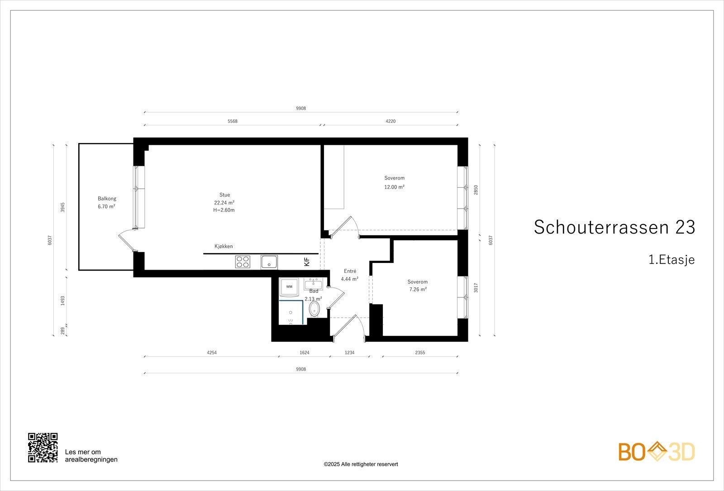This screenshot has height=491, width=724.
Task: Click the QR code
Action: (43, 448)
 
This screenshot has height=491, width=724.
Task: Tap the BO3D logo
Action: (657, 452)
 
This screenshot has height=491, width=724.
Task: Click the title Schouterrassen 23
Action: (614, 227)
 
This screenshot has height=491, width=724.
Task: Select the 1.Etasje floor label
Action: (671, 260)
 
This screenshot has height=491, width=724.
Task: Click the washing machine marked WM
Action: (289, 287)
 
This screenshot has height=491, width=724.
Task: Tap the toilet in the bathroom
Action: (314, 310)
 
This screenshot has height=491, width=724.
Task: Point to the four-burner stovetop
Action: (243, 262)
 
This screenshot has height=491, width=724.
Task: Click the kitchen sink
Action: (269, 262)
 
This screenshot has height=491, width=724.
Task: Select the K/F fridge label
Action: (306, 262)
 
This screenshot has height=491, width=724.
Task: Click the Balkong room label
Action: (107, 199)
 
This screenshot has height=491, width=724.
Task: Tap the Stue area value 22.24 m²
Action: (224, 203)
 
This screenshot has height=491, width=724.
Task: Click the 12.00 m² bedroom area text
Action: (394, 187)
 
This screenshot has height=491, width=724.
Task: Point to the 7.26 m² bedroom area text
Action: (417, 290)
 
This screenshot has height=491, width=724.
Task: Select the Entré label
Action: (350, 271)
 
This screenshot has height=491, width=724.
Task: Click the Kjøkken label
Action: (224, 247)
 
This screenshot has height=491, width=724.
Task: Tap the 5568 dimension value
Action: (232, 121)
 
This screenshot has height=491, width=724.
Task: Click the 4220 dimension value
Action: (390, 121)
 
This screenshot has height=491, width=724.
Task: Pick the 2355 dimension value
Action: (419, 353)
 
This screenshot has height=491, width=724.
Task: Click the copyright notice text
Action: (361, 464)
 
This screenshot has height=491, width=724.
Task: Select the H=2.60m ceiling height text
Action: (224, 210)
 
